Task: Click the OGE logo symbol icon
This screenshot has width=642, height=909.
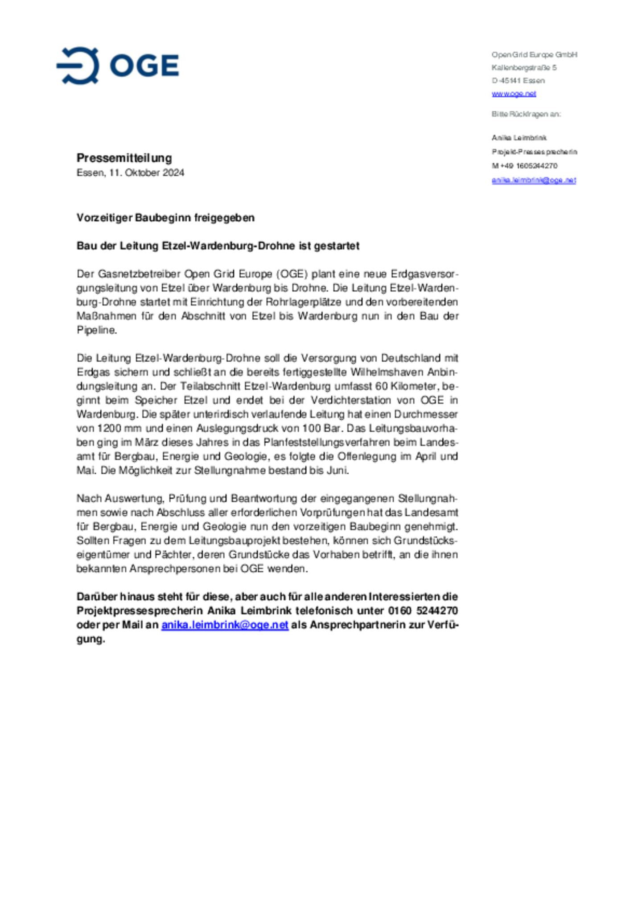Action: click(78, 66)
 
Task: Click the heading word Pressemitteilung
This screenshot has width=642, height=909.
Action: click(124, 158)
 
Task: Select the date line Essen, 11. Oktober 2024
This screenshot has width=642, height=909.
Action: click(130, 173)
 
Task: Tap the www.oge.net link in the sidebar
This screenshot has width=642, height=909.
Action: click(514, 94)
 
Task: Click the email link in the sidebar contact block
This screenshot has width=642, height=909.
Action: click(534, 180)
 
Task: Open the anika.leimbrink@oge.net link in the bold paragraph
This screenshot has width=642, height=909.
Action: click(225, 625)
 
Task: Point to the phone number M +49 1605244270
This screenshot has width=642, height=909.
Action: click(524, 166)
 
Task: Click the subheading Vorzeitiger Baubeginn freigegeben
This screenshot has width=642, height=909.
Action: click(165, 218)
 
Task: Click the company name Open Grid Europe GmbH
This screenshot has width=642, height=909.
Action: click(534, 54)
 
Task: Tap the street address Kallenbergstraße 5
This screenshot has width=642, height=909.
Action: click(524, 68)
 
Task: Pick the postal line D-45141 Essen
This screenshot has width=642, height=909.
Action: click(518, 81)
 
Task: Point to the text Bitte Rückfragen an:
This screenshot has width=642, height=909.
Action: click(526, 114)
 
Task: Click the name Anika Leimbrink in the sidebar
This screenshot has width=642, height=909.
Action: click(519, 138)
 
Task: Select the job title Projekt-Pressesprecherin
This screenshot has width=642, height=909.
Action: click(534, 152)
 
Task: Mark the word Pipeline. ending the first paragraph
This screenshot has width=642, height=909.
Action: click(97, 330)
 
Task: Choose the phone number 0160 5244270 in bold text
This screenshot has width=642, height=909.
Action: click(423, 611)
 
